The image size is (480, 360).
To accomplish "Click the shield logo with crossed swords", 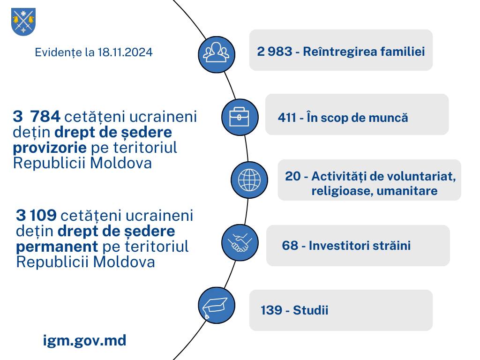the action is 23,22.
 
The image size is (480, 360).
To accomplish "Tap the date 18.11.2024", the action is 125,52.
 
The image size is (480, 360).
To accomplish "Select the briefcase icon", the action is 240,117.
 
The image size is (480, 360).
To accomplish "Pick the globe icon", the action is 249,180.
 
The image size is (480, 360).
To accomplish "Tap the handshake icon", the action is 240,242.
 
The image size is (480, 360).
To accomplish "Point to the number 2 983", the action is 275,52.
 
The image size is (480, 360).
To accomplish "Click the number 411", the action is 287,118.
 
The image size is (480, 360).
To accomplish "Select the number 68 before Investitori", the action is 290,246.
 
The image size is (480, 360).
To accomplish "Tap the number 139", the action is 271,310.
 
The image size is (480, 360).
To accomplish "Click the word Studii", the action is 310,310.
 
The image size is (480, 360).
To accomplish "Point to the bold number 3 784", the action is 37,117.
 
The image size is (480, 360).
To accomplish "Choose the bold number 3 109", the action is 36,215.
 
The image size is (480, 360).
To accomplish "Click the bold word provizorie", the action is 50,148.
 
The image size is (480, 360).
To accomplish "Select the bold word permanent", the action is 57,247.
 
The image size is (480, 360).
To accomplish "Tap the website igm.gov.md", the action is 84,341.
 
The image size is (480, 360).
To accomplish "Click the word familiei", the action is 403,52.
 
